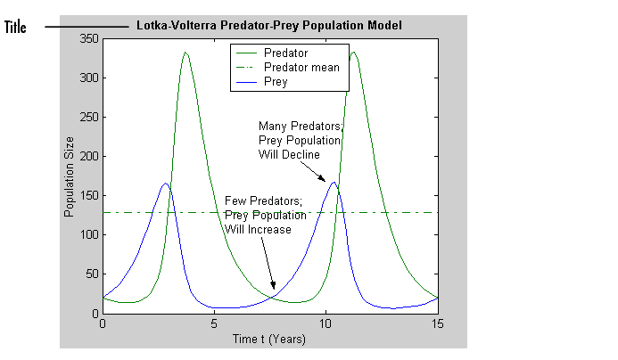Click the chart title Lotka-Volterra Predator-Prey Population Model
tap(269, 25)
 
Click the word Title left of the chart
tap(16, 27)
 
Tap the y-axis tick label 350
tap(87, 39)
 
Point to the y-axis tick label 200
tap(87, 157)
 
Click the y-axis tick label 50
tap(90, 274)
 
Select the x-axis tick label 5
tap(214, 323)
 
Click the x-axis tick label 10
tap(326, 323)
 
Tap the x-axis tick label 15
tap(438, 323)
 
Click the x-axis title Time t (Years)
tap(269, 339)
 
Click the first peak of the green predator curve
tap(185, 53)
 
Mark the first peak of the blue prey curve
tap(166, 184)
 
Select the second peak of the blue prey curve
tap(334, 183)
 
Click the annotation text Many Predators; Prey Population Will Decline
tap(299, 140)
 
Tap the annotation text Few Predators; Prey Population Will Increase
tap(265, 215)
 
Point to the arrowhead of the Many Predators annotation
tap(325, 180)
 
